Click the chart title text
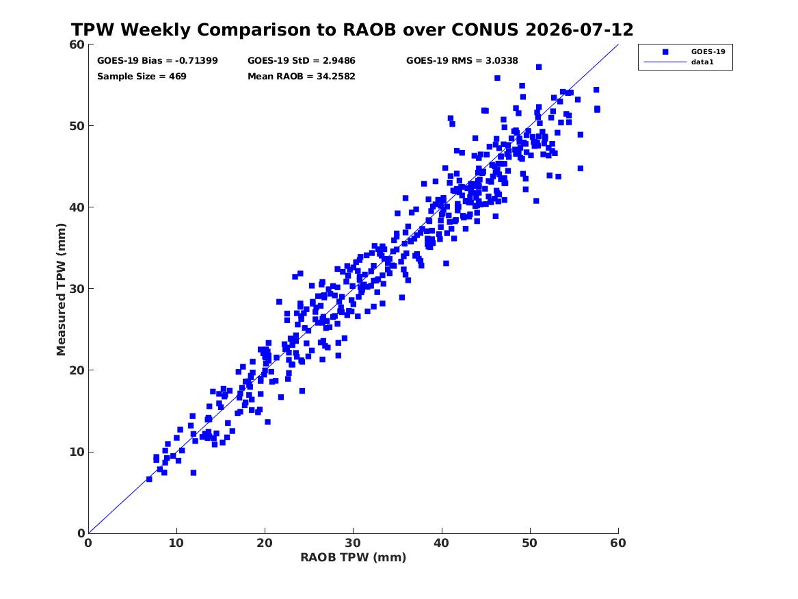(352, 29)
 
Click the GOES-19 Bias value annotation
(157, 61)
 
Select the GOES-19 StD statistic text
(302, 61)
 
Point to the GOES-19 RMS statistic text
(462, 61)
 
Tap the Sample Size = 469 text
(142, 77)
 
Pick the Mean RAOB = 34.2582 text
(302, 77)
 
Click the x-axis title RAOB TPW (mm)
(354, 557)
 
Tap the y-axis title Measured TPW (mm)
(61, 289)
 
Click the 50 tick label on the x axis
(530, 543)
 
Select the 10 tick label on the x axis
(176, 543)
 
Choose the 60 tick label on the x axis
(618, 543)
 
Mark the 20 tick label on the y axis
(77, 370)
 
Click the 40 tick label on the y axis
(77, 207)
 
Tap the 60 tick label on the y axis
(77, 44)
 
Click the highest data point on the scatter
(539, 67)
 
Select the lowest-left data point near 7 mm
(149, 479)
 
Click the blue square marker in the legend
(665, 51)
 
